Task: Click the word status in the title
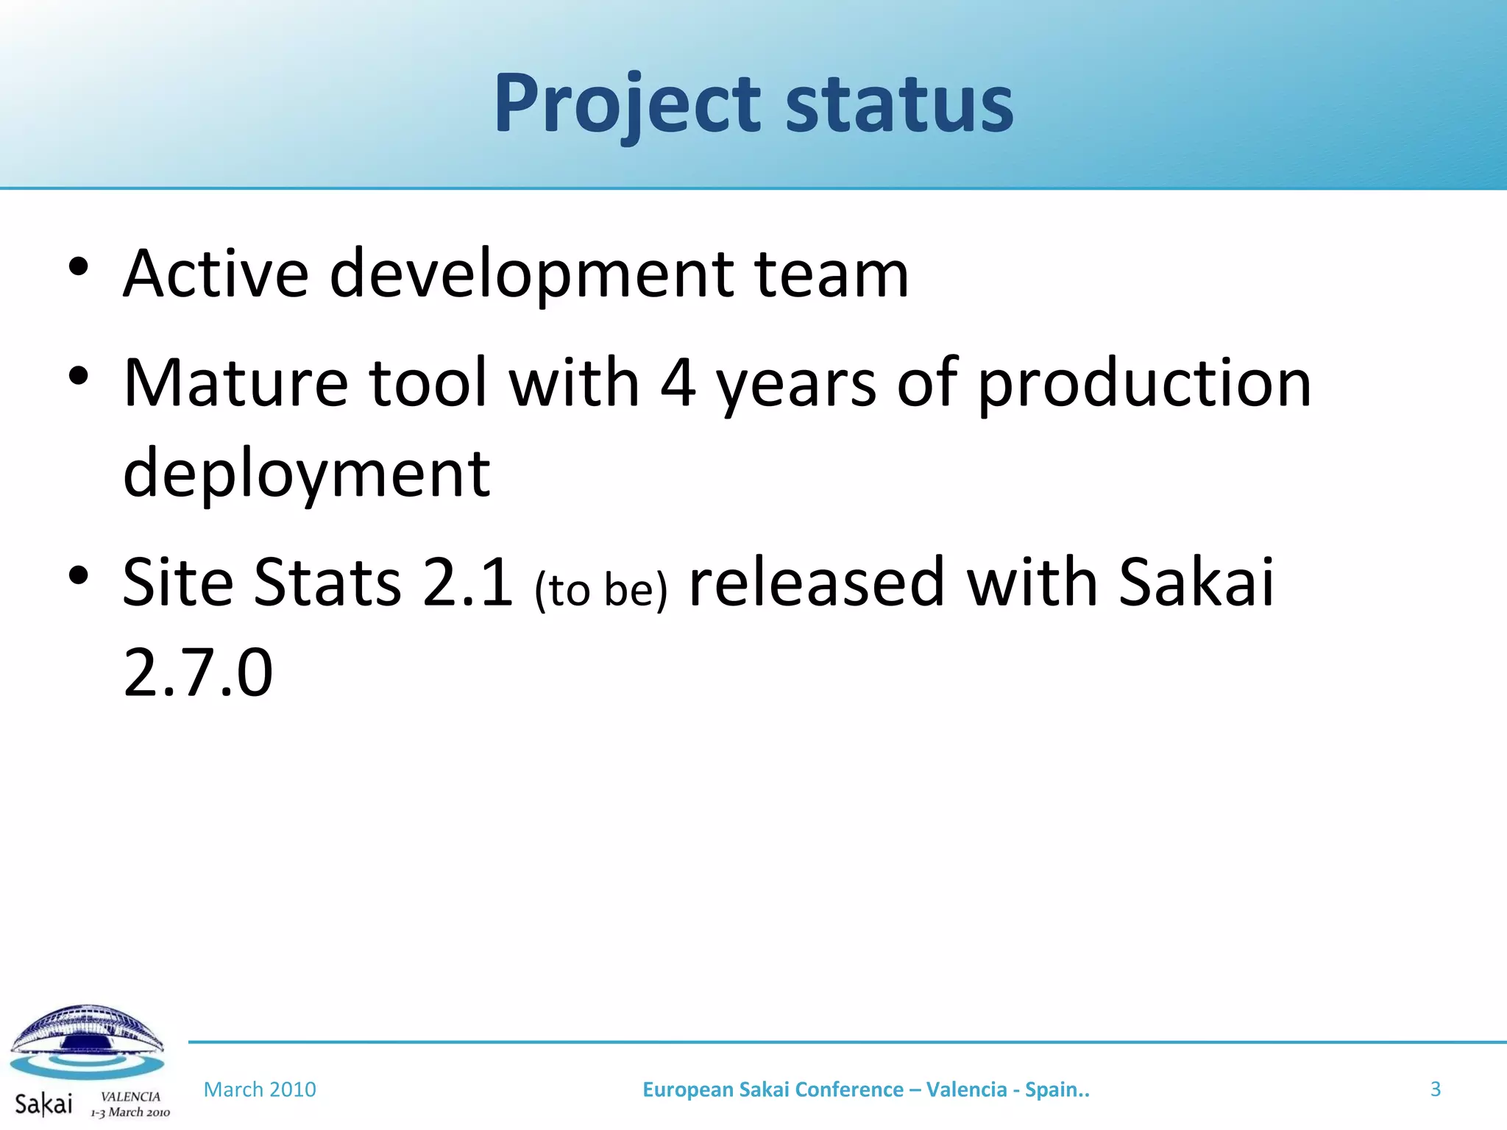pos(899,104)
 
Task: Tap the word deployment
pos(306,472)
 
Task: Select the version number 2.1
pos(467,583)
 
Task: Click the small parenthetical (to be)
pos(601,589)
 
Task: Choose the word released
pos(815,583)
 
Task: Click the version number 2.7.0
pos(198,672)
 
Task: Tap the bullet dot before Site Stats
pos(79,575)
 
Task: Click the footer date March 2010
pos(260,1090)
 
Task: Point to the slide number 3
pos(1435,1089)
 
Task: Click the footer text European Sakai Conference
pos(773,1090)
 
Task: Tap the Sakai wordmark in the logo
pos(43,1104)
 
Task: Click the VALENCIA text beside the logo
pos(130,1096)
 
